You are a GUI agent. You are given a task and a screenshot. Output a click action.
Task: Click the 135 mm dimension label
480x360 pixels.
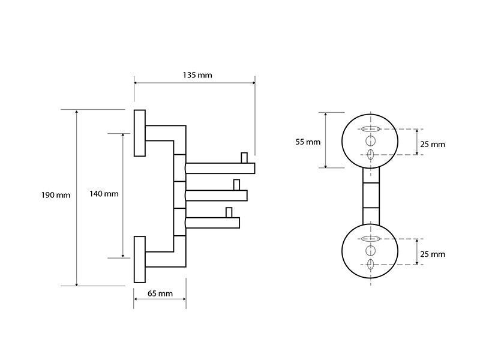click(197, 75)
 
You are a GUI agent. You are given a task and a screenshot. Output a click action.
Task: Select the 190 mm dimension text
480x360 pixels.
click(56, 195)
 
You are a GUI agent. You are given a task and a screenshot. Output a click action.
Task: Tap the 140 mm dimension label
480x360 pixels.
click(104, 194)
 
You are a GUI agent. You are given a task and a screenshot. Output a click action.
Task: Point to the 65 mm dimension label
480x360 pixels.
click(160, 293)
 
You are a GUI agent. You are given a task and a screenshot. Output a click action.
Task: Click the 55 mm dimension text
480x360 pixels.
click(308, 142)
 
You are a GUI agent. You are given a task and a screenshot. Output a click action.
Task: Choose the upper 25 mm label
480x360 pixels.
click(433, 144)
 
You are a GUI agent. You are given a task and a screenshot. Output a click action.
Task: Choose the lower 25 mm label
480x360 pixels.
click(433, 254)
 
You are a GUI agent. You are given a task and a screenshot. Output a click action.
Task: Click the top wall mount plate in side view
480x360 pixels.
click(140, 133)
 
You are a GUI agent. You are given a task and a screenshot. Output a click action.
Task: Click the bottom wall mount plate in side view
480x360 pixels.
click(140, 259)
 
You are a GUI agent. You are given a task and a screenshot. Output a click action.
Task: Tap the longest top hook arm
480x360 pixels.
click(220, 169)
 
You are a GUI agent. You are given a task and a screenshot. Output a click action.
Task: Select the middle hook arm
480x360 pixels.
click(216, 196)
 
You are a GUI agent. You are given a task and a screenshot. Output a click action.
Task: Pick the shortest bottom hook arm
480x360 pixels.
click(212, 223)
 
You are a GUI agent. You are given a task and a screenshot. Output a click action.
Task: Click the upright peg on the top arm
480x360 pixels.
click(244, 158)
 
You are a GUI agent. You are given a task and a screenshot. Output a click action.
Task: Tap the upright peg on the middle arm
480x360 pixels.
click(236, 185)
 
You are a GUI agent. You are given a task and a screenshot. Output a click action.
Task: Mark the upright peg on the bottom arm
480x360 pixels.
click(229, 212)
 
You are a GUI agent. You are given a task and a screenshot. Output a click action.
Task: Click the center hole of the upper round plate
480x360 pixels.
click(370, 141)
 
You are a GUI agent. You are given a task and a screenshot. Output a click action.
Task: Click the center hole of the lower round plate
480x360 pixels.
click(370, 251)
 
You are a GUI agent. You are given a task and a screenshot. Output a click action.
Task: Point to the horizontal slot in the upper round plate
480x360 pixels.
click(370, 129)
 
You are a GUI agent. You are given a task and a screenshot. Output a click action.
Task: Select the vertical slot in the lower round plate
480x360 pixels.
click(370, 264)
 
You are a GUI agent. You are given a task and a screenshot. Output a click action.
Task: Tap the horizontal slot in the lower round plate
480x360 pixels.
click(370, 238)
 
